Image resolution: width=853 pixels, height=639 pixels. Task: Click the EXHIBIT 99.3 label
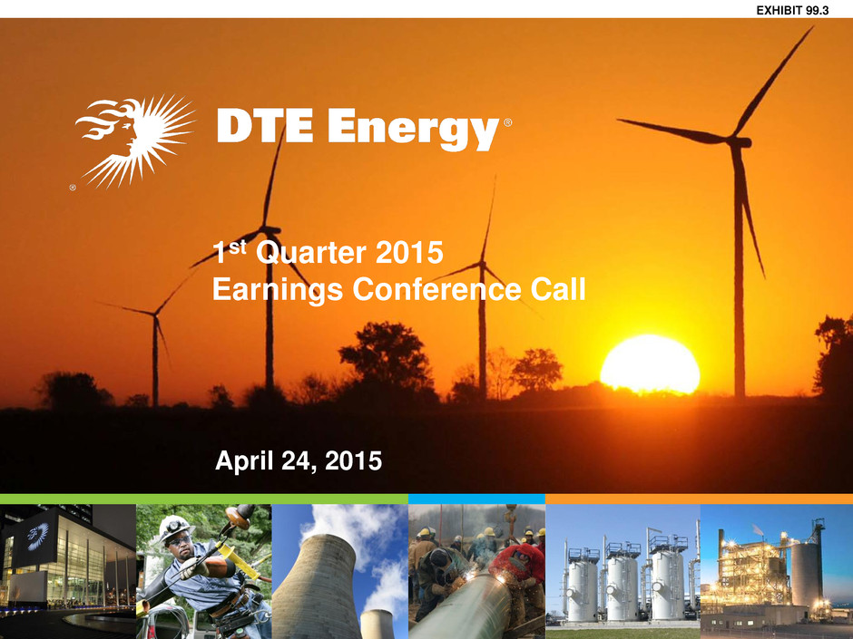coord(792,10)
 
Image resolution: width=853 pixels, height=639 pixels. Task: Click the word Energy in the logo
coord(414,128)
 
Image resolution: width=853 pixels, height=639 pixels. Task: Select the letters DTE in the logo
coord(265,125)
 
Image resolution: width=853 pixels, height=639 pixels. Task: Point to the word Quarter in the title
coord(310,253)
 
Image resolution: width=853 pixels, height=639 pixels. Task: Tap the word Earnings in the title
coord(278,290)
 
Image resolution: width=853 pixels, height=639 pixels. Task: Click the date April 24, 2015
coord(299,460)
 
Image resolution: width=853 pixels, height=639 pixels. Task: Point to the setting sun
coord(650,364)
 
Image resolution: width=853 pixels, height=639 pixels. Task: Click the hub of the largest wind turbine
coord(739,142)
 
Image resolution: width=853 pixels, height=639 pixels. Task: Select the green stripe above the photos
coord(204,499)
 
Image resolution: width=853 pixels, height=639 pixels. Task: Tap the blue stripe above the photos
coord(476,499)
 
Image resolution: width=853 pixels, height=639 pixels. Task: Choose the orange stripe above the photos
coord(699,499)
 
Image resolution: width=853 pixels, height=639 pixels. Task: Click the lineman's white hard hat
coord(175,528)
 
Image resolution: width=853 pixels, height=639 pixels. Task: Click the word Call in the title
coord(558,288)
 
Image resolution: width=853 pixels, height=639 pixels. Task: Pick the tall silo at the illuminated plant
coord(806,576)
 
